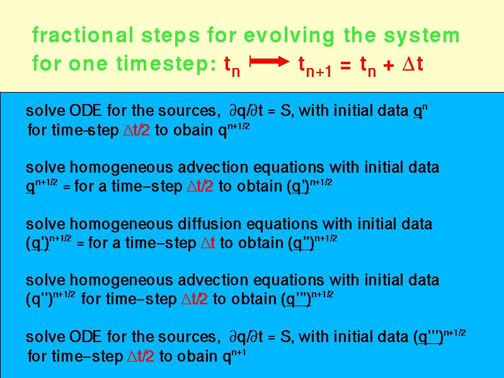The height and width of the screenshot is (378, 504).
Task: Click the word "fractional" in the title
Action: click(x=83, y=35)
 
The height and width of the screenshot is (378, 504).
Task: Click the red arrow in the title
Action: click(x=270, y=61)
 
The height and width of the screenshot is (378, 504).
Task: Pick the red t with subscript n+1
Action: click(x=314, y=66)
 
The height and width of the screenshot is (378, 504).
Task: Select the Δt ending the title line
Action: click(x=413, y=64)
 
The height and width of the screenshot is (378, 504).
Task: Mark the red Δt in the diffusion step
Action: click(x=208, y=243)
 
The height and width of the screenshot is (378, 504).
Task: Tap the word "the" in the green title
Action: click(x=360, y=35)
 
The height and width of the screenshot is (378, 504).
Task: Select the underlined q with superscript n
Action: click(x=420, y=111)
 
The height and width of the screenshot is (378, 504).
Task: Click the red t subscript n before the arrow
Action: click(x=232, y=66)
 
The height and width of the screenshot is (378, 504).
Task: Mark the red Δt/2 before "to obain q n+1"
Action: click(x=140, y=356)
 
